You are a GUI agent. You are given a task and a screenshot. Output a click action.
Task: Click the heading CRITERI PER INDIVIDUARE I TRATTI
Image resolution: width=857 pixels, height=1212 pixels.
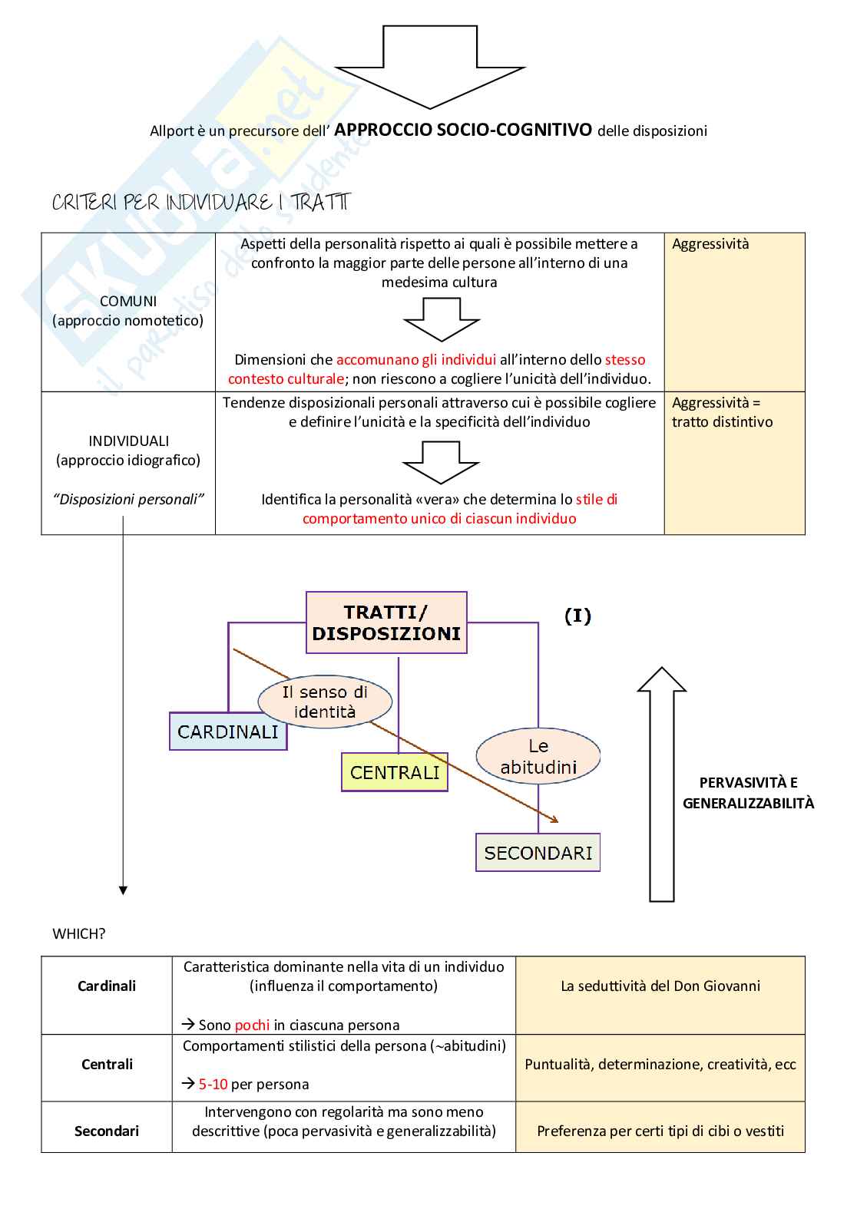coord(200,203)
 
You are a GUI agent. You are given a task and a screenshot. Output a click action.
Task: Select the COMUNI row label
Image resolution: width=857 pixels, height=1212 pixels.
coord(128,311)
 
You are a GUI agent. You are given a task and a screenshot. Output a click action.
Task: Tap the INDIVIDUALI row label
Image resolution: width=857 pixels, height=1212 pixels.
coord(128,451)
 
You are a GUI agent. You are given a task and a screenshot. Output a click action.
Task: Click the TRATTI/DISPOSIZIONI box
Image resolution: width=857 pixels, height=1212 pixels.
coord(386,623)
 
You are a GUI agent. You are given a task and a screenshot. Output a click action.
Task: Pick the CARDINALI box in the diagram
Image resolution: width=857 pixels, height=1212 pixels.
coord(228,731)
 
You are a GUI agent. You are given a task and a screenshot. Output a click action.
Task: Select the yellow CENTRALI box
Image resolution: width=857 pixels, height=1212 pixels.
coord(395,772)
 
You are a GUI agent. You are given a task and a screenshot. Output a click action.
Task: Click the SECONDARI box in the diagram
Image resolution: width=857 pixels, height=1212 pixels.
coord(538,853)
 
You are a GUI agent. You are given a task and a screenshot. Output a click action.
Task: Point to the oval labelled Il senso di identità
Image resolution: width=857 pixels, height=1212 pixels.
coord(325,702)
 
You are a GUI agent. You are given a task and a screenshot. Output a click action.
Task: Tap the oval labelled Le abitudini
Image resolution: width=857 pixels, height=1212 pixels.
coord(538,756)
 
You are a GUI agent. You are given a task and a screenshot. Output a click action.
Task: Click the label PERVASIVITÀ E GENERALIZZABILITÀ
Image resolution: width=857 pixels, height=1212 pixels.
coord(748,793)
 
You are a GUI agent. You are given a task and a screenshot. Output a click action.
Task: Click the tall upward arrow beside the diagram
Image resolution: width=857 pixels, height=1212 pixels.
coord(662,783)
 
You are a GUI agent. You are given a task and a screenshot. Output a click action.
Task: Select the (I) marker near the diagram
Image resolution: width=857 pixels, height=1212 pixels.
coord(577,616)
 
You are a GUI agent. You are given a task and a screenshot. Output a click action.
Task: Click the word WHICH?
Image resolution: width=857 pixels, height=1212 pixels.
coord(79,933)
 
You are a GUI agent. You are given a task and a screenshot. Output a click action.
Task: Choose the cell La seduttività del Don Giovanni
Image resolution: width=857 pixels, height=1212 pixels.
coord(660,986)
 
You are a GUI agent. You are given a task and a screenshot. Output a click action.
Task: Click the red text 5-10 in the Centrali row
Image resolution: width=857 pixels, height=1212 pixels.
coord(213,1085)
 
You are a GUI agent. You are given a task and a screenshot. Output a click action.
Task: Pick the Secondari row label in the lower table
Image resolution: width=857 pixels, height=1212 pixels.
coord(107,1131)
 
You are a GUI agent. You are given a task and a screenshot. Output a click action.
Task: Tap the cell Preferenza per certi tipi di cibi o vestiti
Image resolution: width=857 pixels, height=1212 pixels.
coord(660,1131)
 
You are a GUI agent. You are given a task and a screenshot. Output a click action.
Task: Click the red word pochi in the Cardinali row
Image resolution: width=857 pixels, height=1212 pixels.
coord(252,1025)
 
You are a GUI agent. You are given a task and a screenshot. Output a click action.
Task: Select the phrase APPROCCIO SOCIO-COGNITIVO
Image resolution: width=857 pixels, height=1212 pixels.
coord(463,130)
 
